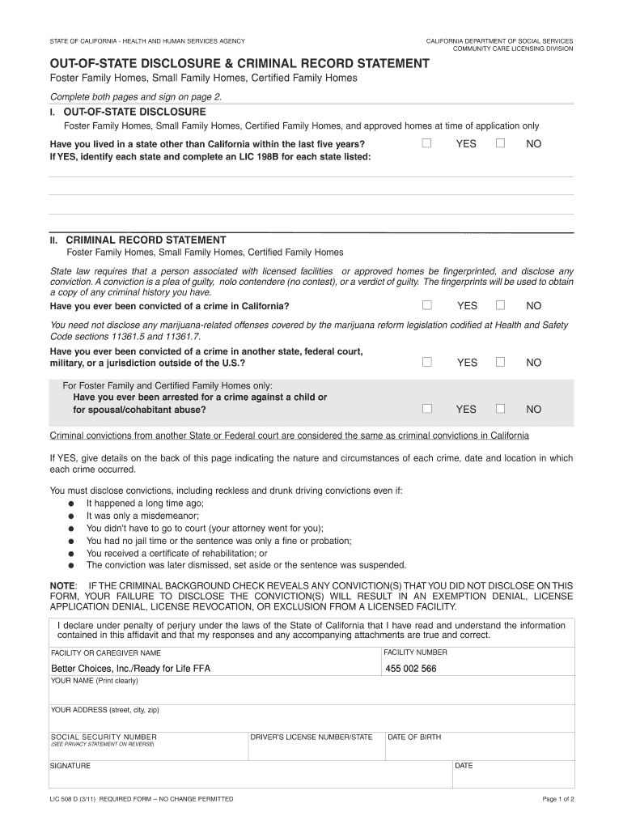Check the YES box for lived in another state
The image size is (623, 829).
coord(426,143)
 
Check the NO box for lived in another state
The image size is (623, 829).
coord(500,143)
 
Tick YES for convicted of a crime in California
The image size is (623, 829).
coord(426,305)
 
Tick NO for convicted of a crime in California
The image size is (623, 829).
coord(500,305)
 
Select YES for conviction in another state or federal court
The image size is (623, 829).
coord(426,362)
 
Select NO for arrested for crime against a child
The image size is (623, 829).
coord(500,409)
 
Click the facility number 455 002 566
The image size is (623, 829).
coord(410,669)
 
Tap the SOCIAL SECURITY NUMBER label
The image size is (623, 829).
coord(104,737)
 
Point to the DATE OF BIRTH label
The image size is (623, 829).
coord(414,737)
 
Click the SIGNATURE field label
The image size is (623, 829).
coord(70,765)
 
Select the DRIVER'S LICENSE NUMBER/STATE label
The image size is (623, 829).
coord(311,737)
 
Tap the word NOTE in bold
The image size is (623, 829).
coord(63,585)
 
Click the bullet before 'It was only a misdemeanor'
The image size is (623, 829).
coord(71,516)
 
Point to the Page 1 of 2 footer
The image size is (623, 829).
coord(557,799)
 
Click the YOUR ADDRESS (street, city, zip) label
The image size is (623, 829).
coord(104,709)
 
